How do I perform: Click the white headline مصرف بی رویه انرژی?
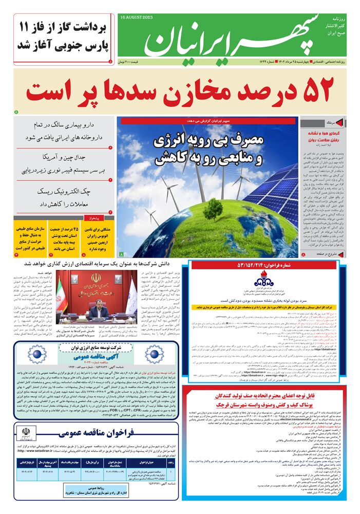click(209, 150)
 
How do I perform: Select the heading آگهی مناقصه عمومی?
click(89, 355)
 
